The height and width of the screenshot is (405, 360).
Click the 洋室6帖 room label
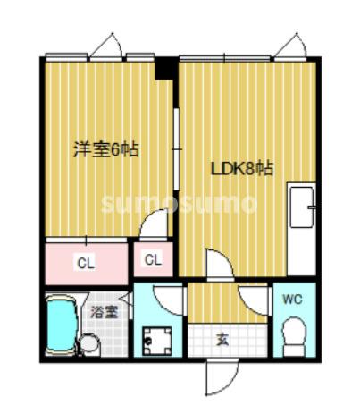pos(105,149)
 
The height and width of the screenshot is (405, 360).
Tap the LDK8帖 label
pos(241,168)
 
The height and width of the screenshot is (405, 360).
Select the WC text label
pos(293,300)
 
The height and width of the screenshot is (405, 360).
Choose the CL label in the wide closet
pos(86,263)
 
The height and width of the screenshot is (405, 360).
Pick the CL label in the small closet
pos(153,261)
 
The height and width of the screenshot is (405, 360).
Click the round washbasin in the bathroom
pos(89,343)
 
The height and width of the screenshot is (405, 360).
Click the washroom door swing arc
pos(167,300)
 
